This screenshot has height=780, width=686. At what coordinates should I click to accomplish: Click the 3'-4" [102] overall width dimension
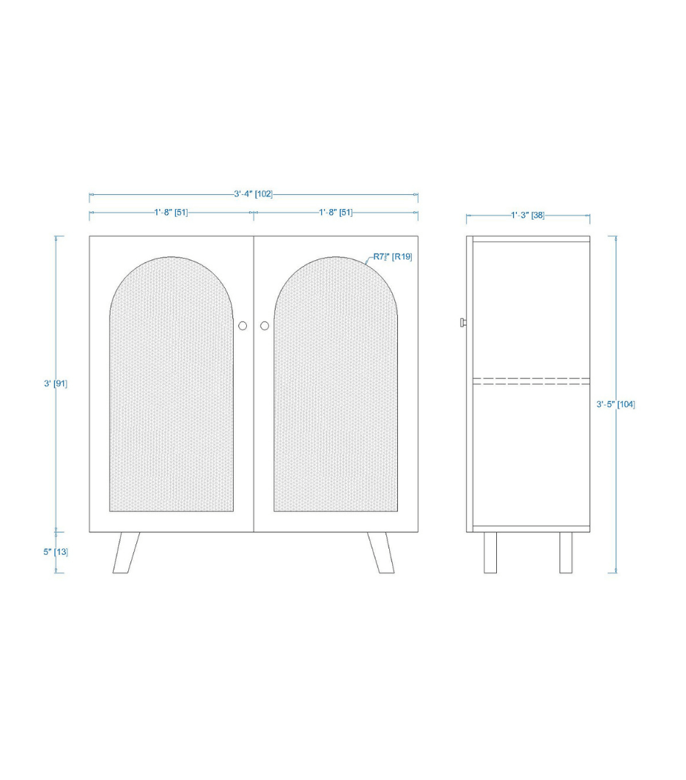253,194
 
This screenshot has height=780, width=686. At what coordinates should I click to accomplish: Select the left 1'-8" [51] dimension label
171,213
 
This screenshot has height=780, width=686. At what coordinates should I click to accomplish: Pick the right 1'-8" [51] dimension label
336,213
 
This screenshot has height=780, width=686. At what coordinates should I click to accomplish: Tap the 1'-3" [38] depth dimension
528,216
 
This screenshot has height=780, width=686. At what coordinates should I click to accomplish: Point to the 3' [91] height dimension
56,383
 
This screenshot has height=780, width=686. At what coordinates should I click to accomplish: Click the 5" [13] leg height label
56,552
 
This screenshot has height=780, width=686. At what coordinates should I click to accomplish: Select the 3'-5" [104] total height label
616,405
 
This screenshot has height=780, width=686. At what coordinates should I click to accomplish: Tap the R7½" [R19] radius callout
393,257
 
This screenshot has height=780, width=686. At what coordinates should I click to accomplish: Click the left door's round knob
243,325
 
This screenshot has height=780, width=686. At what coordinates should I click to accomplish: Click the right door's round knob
265,325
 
